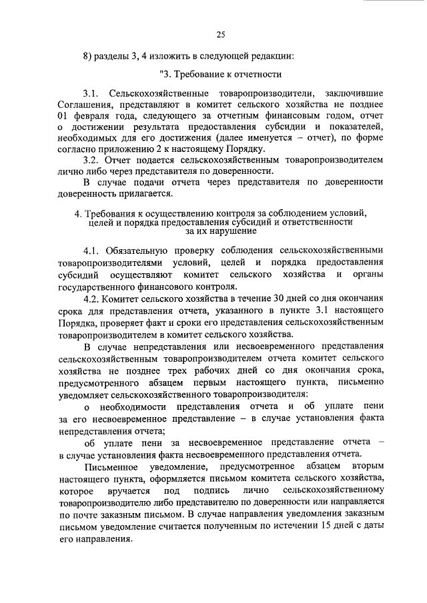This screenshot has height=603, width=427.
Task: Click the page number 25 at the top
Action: (x=221, y=34)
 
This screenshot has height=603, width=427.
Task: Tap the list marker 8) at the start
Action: (x=87, y=55)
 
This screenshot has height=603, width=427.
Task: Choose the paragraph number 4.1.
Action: (x=91, y=251)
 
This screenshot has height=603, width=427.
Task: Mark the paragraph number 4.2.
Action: (x=91, y=298)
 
